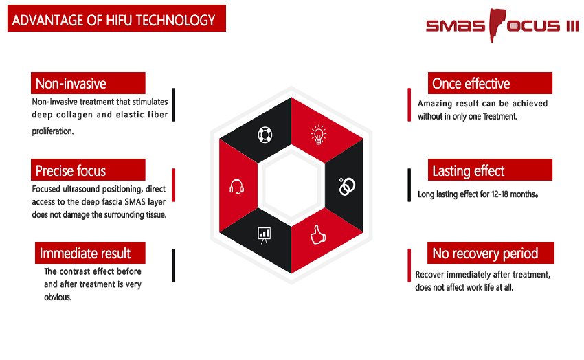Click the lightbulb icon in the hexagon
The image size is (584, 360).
pos(318,135)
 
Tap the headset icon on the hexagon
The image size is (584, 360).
pos(236,186)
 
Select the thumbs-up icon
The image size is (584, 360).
pos(317,234)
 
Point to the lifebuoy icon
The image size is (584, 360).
pos(265,135)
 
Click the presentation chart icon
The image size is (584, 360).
pos(264,235)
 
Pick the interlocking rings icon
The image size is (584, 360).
pos(347,186)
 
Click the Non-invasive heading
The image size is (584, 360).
pos(71,84)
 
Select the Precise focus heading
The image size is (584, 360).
pos(70,171)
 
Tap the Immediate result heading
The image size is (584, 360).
pos(85,254)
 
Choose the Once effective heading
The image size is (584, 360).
pos(471,84)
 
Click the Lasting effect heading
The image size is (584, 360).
pos(468,171)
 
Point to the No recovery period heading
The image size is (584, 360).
pos(485,254)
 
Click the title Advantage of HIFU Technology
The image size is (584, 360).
pos(113,20)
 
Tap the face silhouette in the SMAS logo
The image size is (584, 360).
pos(496,25)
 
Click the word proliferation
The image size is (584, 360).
pos(52,131)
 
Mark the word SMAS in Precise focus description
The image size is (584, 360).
pos(135,202)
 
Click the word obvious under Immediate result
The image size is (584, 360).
pos(58,297)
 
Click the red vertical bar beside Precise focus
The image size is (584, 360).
pos(174,185)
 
